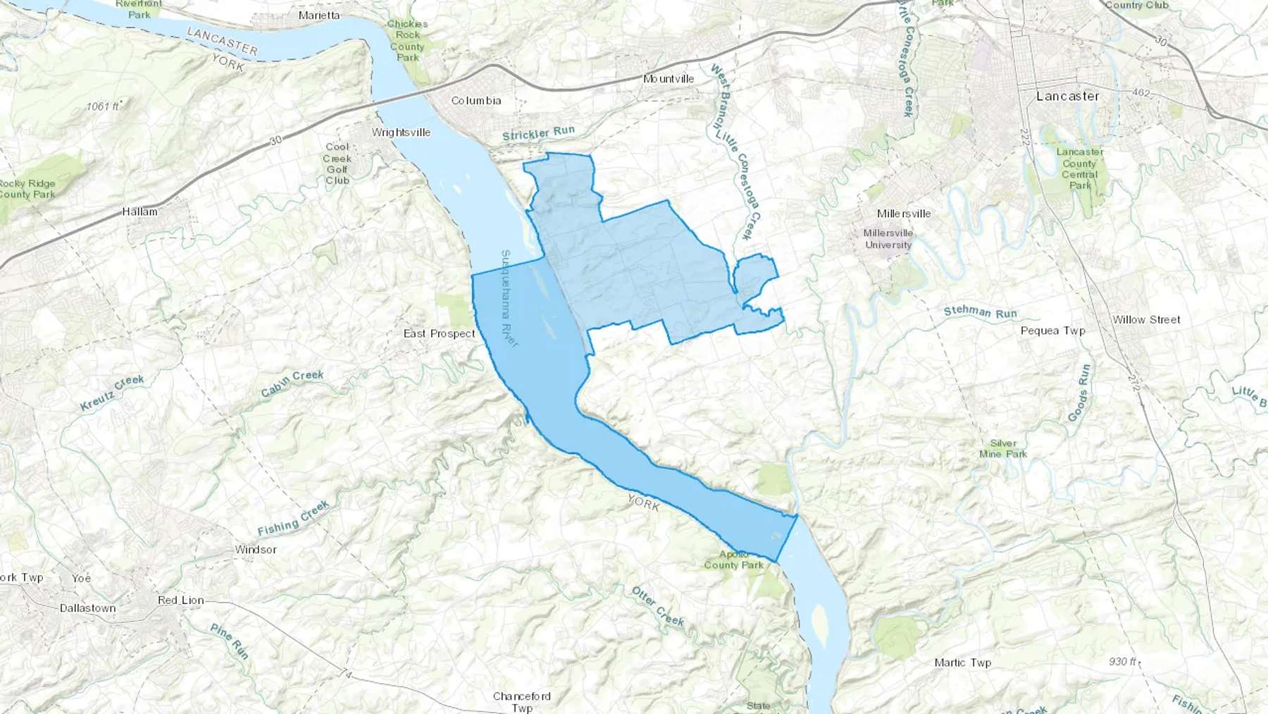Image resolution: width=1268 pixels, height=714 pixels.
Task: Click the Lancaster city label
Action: [x=1067, y=97]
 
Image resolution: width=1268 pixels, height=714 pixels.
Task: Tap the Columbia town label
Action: [x=476, y=101]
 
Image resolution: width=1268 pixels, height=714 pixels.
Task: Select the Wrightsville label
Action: [x=401, y=133]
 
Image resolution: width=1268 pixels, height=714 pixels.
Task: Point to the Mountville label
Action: [x=669, y=79]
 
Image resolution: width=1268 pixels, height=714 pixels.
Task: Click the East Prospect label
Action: [x=440, y=333]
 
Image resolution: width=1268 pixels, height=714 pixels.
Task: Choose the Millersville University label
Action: [x=888, y=239]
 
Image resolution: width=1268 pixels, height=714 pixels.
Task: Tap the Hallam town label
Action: [x=140, y=211]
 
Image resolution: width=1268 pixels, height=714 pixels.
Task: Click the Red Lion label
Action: [x=181, y=601]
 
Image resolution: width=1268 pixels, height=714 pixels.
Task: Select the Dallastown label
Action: [x=88, y=608]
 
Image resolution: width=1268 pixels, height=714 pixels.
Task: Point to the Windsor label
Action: [x=256, y=550]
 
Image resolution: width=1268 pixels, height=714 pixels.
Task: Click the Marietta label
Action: [x=319, y=16]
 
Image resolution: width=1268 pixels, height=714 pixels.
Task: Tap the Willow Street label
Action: [x=1146, y=320]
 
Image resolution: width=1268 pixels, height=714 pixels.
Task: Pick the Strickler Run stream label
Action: [x=539, y=133]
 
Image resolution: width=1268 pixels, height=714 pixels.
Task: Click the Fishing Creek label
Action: [x=293, y=518]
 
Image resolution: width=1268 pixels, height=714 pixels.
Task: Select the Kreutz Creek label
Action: [x=112, y=393]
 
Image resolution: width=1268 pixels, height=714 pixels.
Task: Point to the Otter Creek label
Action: [x=658, y=606]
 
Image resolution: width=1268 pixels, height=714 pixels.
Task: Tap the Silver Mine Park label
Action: [x=1003, y=449]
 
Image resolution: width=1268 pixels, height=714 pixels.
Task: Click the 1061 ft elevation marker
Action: [x=103, y=106]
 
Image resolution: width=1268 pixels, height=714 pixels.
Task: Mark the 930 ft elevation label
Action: [x=1123, y=662]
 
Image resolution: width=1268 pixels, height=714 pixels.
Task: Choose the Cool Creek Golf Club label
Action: [x=337, y=164]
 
